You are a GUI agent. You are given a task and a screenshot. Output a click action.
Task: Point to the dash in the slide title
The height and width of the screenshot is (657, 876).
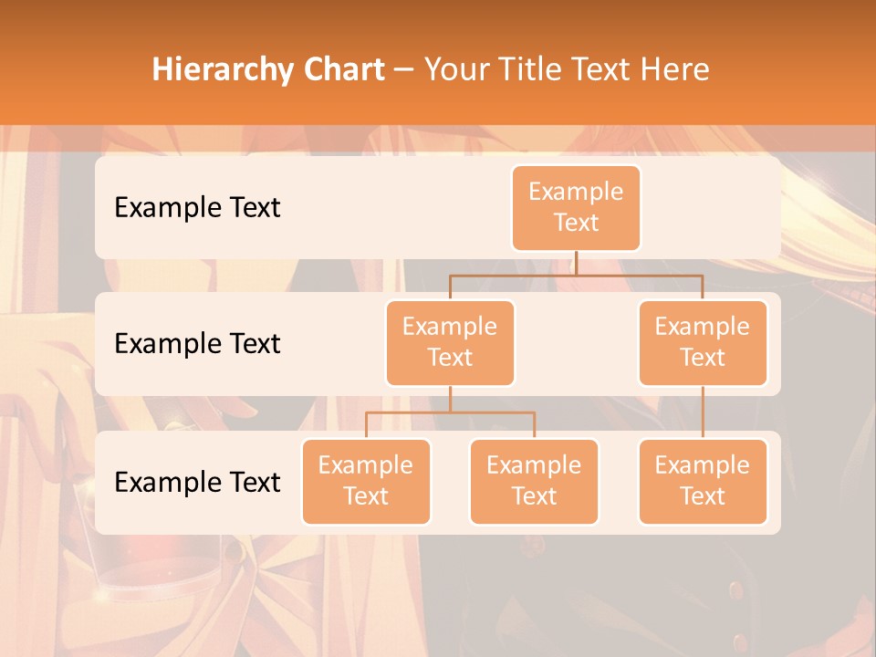coord(403,70)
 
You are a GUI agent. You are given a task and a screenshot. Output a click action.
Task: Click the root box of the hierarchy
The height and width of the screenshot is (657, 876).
coord(576,207)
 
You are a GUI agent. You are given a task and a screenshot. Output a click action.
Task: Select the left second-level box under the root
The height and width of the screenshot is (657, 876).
coord(450,342)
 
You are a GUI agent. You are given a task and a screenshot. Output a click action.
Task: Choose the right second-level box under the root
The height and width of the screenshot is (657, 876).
coord(703,342)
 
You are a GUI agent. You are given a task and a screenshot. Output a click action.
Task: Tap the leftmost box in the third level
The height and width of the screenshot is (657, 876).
coord(366,481)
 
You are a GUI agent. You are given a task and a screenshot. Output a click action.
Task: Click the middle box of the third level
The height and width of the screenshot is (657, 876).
coord(534,481)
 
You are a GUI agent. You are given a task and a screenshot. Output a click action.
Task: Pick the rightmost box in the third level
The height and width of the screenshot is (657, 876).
coord(703,481)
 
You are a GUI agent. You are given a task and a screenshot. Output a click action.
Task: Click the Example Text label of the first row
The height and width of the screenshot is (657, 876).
coord(197,208)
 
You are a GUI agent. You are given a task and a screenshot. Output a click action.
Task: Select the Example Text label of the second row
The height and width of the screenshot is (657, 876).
coord(197,344)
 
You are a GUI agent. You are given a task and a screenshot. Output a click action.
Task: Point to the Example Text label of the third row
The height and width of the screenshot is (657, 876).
coord(197,482)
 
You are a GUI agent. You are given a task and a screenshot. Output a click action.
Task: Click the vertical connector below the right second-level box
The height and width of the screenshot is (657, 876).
coord(703,412)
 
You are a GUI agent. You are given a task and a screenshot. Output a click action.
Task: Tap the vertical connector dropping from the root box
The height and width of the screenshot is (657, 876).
coord(576,263)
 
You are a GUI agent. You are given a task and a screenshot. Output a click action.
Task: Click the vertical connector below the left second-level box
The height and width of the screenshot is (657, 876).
coord(450,399)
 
